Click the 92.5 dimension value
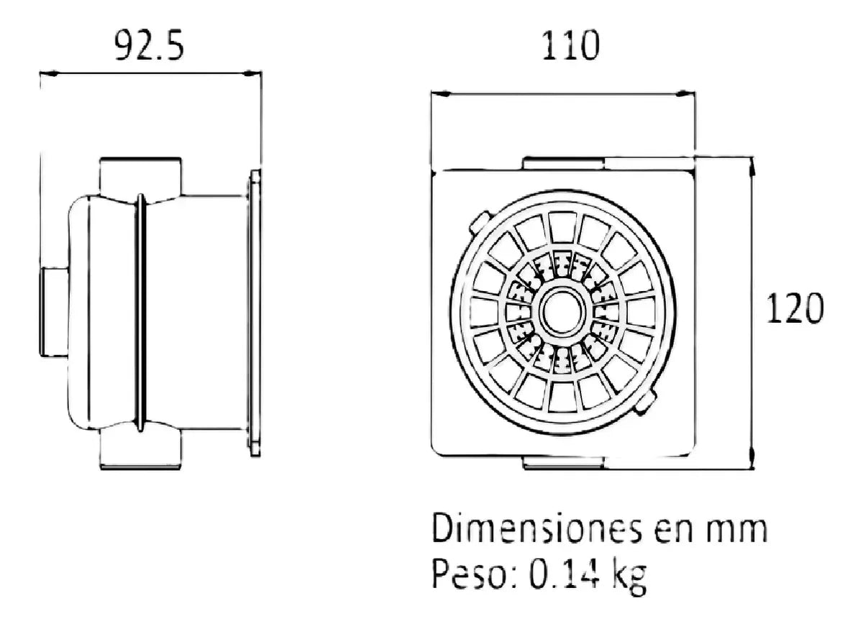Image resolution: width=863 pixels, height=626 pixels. click(149, 45)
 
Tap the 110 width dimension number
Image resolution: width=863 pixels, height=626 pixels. click(570, 45)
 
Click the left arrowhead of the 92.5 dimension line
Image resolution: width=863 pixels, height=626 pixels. click(49, 73)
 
